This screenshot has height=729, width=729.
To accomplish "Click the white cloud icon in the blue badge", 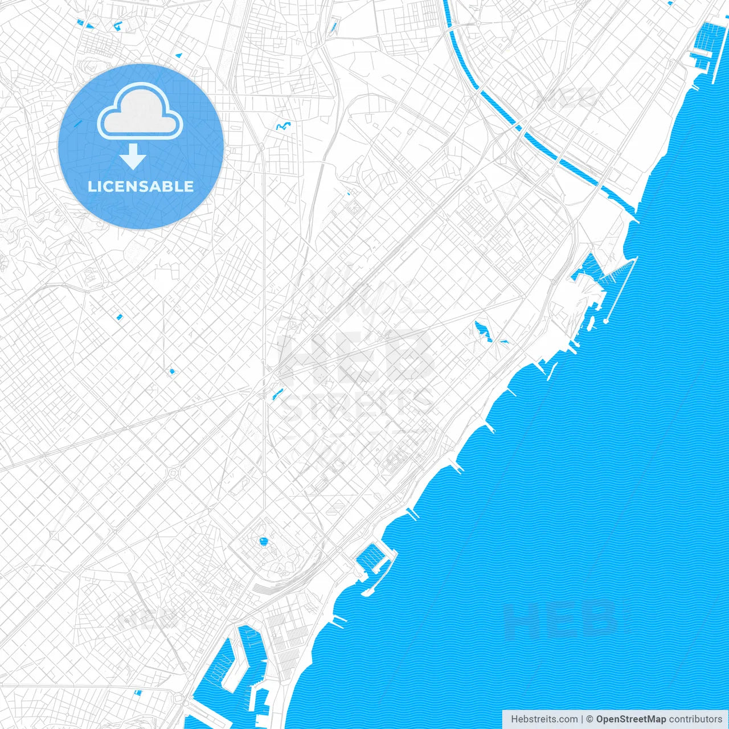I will point(140,112).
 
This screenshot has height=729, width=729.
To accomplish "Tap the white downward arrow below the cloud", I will point(133,157).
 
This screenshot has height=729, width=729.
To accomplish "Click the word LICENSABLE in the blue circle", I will point(141,186).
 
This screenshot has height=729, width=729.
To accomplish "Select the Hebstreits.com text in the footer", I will point(544,719).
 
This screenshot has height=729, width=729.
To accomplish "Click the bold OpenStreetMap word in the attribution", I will point(630,719).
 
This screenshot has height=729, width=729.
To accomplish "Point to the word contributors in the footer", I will point(695,719).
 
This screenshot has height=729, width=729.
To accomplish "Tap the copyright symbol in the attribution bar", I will point(590,719).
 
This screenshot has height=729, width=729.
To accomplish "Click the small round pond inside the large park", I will point(263,541).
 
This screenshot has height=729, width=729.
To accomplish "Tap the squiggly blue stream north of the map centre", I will point(283,126).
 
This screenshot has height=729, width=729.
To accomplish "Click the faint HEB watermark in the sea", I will point(561,619).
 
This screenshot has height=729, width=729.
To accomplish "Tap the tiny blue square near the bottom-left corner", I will point(137,693).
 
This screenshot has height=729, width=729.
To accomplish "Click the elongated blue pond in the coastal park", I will point(484,331).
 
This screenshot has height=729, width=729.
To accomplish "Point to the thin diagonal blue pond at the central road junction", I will point(278,394).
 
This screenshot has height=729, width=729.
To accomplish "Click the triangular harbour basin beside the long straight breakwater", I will point(587,268).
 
